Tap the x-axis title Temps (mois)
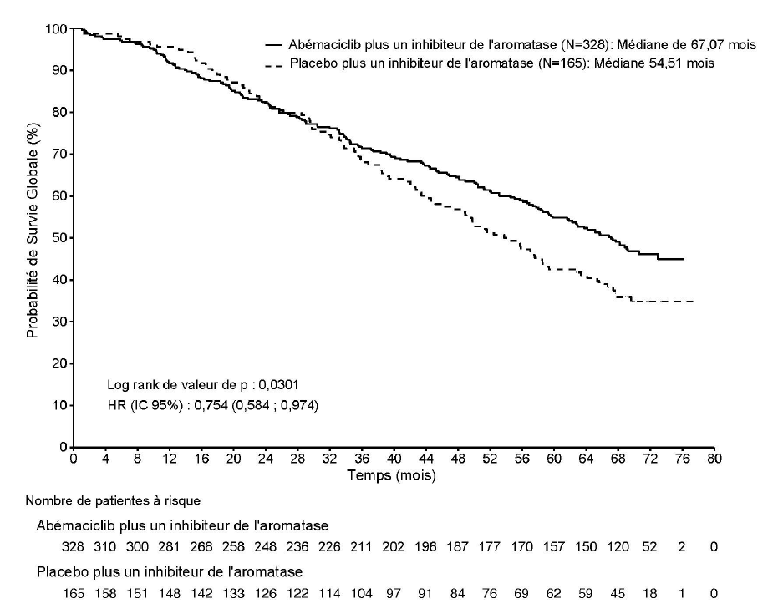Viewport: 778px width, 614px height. coord(393,474)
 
